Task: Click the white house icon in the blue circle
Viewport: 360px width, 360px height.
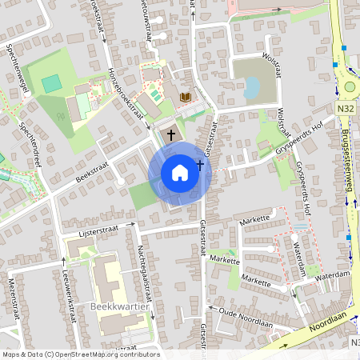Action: coord(180,172)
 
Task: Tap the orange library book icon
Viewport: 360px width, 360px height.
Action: coord(186,97)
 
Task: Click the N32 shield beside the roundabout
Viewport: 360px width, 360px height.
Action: coord(346,106)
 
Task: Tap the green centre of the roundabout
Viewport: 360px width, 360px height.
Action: coord(350,87)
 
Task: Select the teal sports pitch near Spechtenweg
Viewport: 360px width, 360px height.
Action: coord(51,83)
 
